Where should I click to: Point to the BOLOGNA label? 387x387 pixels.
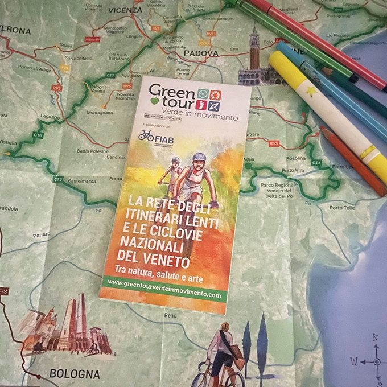pyautogui.click(x=75, y=374)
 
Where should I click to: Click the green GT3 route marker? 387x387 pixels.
pyautogui.click(x=316, y=163)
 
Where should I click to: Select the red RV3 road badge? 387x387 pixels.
pyautogui.click(x=274, y=145)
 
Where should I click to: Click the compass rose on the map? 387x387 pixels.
pyautogui.click(x=375, y=361)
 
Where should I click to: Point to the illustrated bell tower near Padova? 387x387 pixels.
pyautogui.click(x=253, y=52)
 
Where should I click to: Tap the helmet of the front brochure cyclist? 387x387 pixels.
pyautogui.click(x=199, y=157)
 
